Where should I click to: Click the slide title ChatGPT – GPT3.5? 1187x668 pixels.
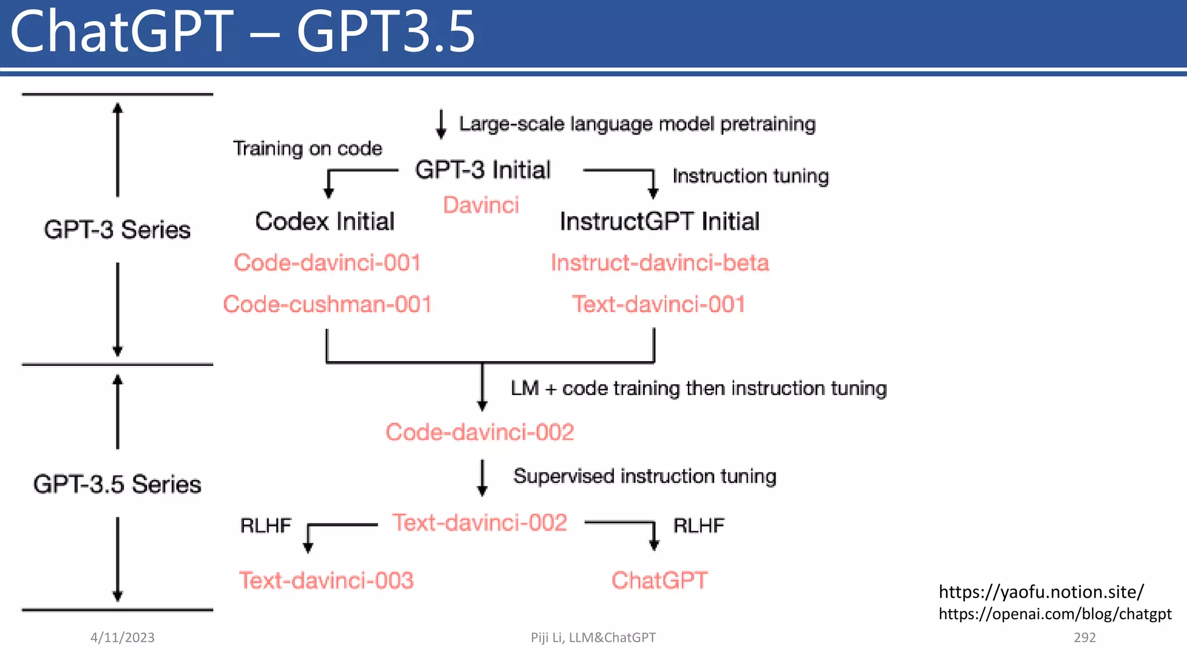coord(242,32)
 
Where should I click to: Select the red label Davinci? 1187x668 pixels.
coord(480,205)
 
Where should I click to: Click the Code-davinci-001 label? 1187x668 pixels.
coord(327,263)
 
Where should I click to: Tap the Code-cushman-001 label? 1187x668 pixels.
coord(327,304)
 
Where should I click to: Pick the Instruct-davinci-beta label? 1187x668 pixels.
coord(660,263)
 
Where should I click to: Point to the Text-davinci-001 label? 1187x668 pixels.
coord(658,304)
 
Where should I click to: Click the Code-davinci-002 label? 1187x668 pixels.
coord(480,432)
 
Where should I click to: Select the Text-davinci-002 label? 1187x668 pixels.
coord(479,522)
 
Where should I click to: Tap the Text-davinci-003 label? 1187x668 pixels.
coord(326,580)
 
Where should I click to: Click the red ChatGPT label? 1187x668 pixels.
coord(660,580)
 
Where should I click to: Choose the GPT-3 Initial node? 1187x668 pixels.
coord(482,170)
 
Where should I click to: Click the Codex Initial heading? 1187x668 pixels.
coord(325,222)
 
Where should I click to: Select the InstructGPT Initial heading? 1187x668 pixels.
coord(660,222)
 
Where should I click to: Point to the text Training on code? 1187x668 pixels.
coord(307,148)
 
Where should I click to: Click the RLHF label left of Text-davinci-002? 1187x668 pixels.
coord(265,525)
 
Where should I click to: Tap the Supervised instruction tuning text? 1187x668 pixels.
coord(645,476)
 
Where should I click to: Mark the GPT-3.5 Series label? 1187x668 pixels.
coord(117,484)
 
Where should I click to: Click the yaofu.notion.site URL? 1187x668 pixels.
coord(1041,591)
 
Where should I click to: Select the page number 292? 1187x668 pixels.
coord(1084,637)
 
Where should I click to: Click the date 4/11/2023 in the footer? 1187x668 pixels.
coord(122,637)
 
